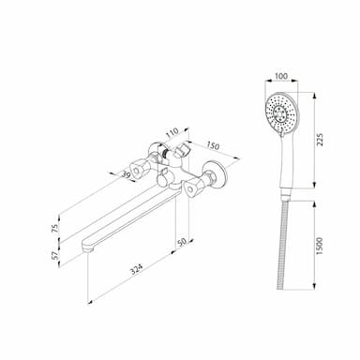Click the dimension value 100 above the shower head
tap(281, 76)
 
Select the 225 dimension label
tap(320, 140)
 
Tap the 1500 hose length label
tap(319, 247)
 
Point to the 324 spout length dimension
tap(137, 269)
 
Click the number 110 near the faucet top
tap(172, 133)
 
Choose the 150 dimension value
tap(213, 146)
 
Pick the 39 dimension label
tap(126, 175)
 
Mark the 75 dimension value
tap(55, 229)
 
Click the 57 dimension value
tap(55, 255)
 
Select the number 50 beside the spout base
tap(182, 242)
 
